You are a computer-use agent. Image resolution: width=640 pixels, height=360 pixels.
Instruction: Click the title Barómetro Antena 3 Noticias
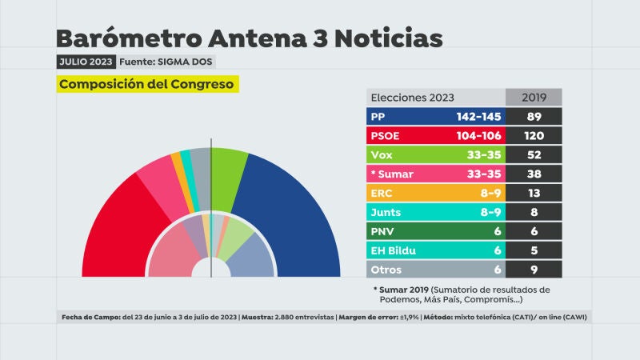(x=248, y=38)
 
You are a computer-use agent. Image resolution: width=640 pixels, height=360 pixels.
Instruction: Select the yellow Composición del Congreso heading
(x=147, y=84)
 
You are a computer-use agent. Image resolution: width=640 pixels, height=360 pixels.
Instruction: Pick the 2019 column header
(x=534, y=97)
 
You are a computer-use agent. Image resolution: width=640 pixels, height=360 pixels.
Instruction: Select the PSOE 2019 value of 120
(x=534, y=136)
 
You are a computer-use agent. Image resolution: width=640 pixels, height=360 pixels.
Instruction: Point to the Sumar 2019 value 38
(x=534, y=174)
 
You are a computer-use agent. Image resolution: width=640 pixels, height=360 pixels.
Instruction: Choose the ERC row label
(x=382, y=194)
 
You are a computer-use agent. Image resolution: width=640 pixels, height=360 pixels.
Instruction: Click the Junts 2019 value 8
(x=534, y=213)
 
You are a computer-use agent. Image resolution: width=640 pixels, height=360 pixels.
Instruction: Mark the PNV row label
(x=382, y=232)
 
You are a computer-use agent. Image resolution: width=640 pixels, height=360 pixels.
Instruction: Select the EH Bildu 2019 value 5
(x=534, y=250)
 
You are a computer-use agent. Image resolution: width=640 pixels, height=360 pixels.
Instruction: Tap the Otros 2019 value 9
(x=534, y=270)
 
